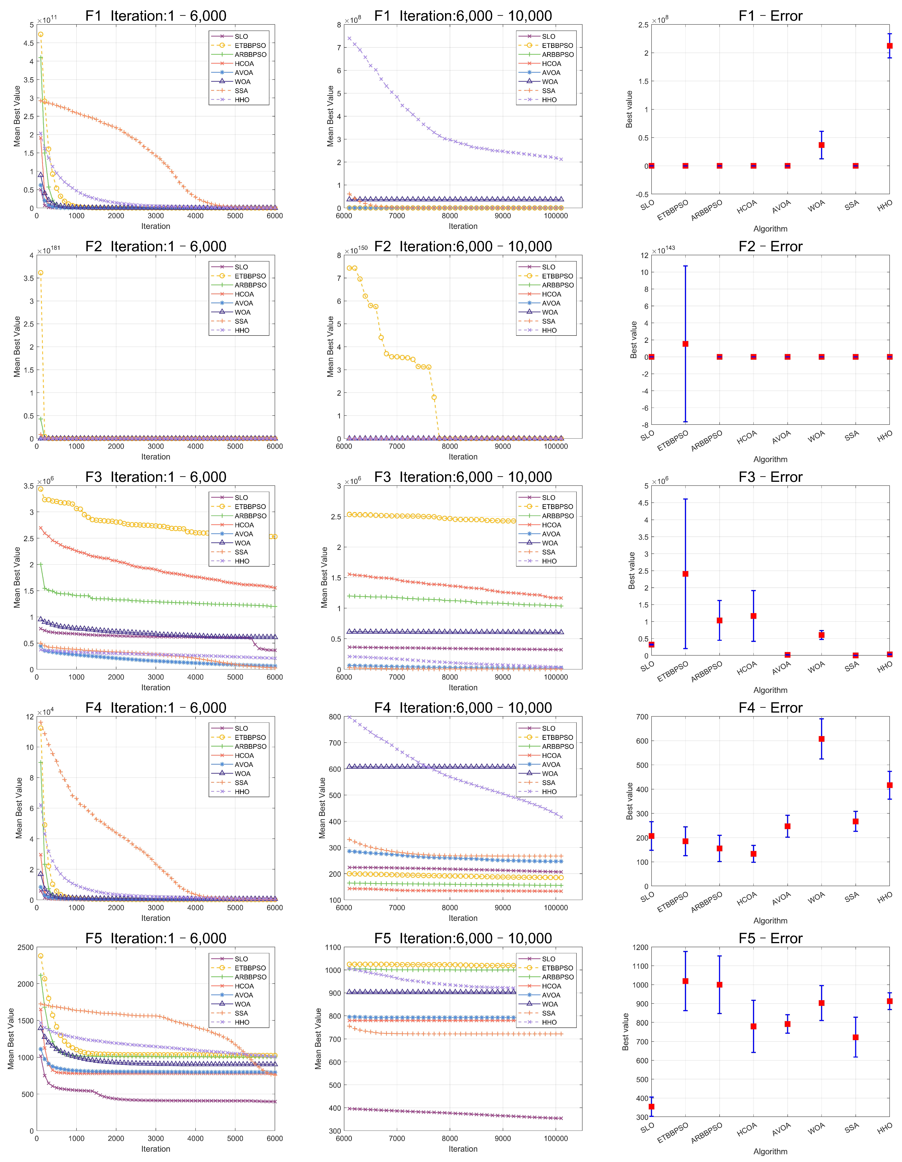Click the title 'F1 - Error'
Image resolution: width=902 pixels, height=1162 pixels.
(771, 16)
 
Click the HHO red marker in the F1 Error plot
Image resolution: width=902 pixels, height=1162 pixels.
(889, 46)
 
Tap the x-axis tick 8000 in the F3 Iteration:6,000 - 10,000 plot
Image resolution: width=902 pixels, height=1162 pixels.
(450, 677)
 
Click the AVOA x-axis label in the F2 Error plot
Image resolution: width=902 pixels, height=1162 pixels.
(781, 437)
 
